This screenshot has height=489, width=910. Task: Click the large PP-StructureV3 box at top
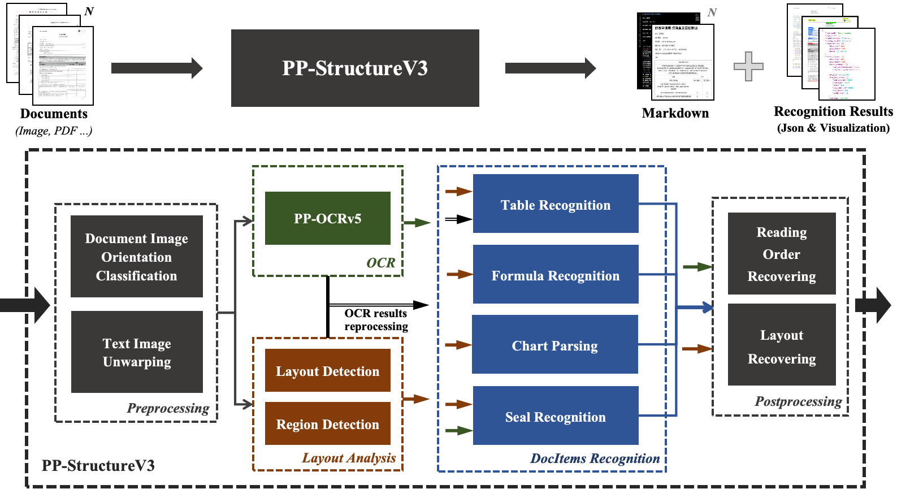pyautogui.click(x=355, y=68)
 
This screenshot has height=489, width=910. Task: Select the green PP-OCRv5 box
pyautogui.click(x=327, y=218)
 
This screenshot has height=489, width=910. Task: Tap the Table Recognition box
pyautogui.click(x=555, y=204)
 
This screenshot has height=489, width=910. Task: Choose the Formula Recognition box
pyautogui.click(x=555, y=275)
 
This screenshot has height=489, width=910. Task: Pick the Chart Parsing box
pyautogui.click(x=554, y=345)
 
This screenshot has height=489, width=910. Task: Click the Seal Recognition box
pyautogui.click(x=555, y=416)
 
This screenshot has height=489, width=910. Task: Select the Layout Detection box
pyautogui.click(x=327, y=371)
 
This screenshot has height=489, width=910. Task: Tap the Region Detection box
pyautogui.click(x=327, y=424)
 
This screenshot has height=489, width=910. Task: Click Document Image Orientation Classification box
pyautogui.click(x=136, y=257)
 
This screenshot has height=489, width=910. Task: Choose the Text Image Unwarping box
pyautogui.click(x=137, y=352)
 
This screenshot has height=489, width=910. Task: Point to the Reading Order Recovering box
pyautogui.click(x=781, y=254)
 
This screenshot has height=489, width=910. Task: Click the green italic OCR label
pyautogui.click(x=380, y=263)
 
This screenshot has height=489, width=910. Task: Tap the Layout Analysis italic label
pyautogui.click(x=349, y=458)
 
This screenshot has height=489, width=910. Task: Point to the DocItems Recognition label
pyautogui.click(x=595, y=458)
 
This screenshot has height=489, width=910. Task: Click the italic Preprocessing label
pyautogui.click(x=168, y=408)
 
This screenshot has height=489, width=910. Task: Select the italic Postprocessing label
pyautogui.click(x=798, y=401)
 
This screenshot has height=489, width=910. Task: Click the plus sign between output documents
pyautogui.click(x=748, y=66)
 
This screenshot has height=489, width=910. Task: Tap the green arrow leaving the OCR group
pyautogui.click(x=417, y=223)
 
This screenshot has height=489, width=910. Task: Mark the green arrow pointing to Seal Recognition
pyautogui.click(x=458, y=431)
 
